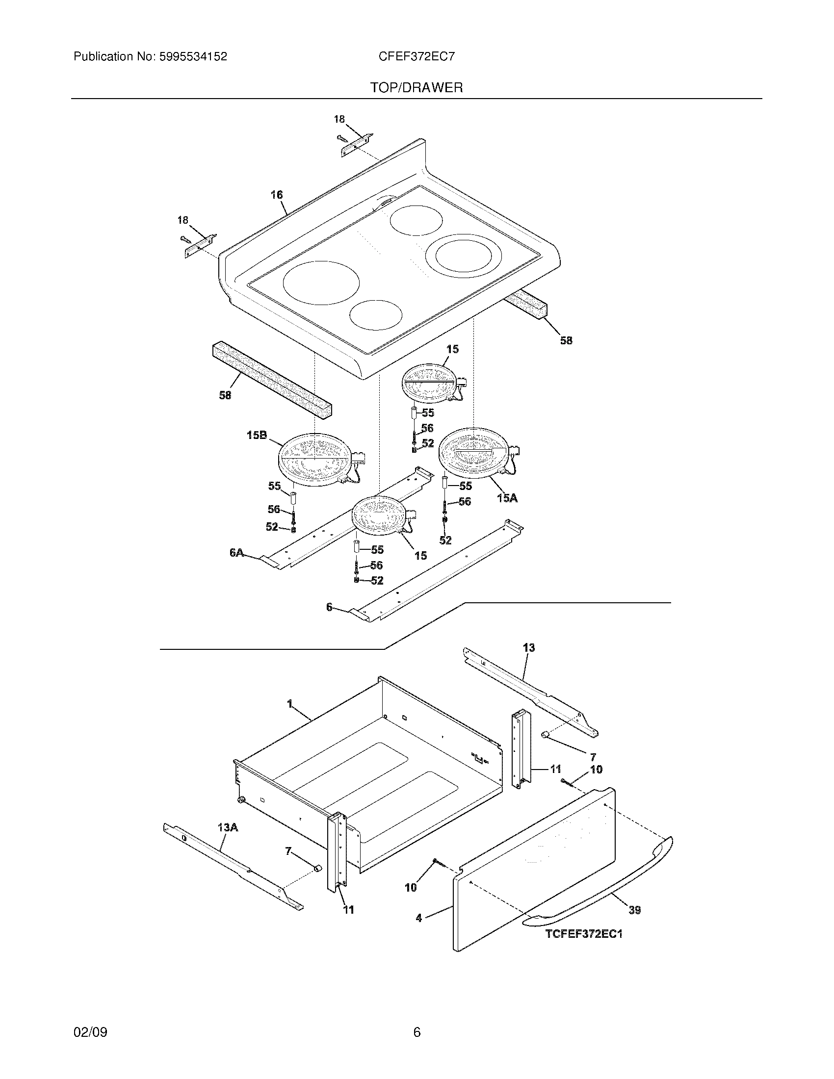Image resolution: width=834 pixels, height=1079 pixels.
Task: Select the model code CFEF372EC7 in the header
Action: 416,57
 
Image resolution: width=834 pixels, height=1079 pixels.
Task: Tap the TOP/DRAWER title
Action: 417,88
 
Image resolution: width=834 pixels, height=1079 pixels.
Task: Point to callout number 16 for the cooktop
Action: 277,195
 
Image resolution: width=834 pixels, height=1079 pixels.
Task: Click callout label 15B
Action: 257,435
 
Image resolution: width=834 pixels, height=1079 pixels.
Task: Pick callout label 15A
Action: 507,498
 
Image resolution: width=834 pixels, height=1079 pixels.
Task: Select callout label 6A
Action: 236,553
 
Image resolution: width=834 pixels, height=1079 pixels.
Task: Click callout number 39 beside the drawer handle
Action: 634,909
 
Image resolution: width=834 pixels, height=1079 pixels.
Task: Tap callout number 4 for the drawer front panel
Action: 419,918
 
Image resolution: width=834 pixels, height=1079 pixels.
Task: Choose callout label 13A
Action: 228,827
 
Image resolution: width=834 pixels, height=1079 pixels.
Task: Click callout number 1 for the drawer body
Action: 290,703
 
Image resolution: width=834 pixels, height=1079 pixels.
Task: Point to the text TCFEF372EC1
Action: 583,934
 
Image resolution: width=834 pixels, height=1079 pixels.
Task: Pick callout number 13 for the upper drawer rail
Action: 529,648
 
